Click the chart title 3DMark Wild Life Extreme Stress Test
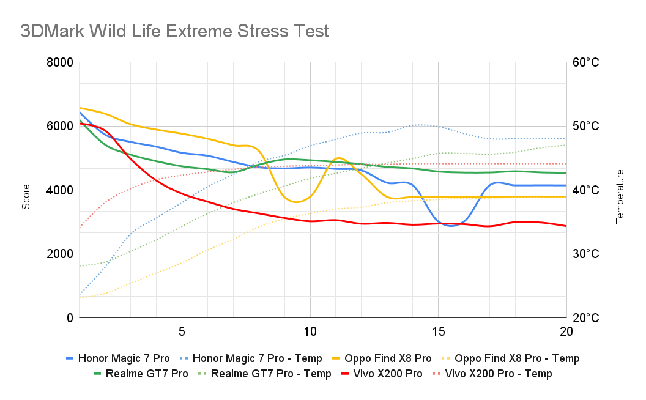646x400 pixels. [175, 31]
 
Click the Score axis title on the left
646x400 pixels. [26, 201]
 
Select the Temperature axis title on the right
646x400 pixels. [620, 196]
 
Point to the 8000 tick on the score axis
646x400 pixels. [60, 62]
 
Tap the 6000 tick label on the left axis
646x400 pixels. [60, 126]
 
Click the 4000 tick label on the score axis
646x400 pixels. [60, 190]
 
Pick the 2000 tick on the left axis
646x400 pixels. [60, 254]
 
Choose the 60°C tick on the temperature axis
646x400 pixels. [585, 62]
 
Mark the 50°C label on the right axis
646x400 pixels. [585, 126]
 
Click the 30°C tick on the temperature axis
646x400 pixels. [585, 254]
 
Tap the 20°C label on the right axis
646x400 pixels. [585, 318]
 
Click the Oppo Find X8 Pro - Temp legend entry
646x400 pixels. [510, 358]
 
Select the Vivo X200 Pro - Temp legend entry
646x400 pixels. [498, 374]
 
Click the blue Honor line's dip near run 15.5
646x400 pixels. [451, 226]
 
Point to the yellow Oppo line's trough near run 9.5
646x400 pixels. [297, 202]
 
